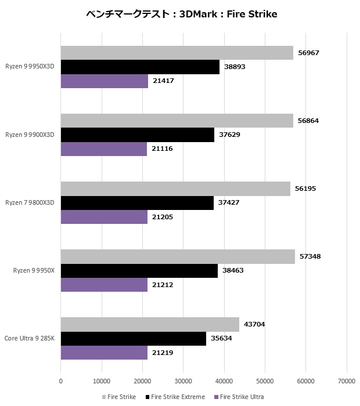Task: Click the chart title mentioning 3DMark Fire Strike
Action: (181, 14)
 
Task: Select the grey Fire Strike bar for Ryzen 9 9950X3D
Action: (177, 53)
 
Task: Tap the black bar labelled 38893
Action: (140, 67)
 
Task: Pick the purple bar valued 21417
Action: (105, 81)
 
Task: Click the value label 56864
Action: (308, 121)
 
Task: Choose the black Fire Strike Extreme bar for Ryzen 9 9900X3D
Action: (137, 135)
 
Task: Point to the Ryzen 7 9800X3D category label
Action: (30, 202)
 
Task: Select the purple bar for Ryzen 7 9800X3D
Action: (104, 217)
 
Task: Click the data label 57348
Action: (309, 256)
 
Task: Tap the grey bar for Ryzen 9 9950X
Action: (178, 256)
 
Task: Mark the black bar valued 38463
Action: (139, 271)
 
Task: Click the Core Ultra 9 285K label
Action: (30, 338)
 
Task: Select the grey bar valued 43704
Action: (150, 324)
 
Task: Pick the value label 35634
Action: (221, 339)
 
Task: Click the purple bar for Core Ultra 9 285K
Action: (104, 353)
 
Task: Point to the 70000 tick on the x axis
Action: (347, 381)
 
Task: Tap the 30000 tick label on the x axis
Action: (183, 381)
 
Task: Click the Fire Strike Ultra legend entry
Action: (239, 397)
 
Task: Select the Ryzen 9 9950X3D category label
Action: (30, 67)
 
